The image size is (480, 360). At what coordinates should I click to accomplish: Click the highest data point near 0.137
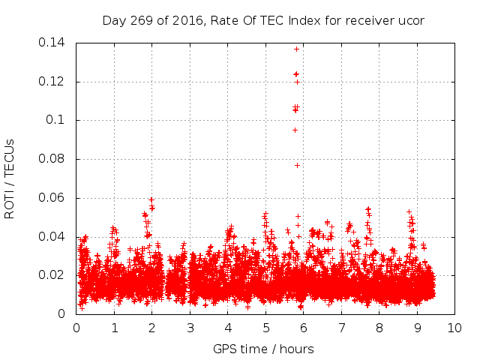pyautogui.click(x=296, y=49)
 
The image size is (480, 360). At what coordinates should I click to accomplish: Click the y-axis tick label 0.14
pyautogui.click(x=55, y=43)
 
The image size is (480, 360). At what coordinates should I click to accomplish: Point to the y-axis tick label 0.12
pyautogui.click(x=55, y=82)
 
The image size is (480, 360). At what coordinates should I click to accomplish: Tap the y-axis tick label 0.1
pyautogui.click(x=58, y=121)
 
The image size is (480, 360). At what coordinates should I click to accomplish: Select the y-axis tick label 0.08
pyautogui.click(x=55, y=160)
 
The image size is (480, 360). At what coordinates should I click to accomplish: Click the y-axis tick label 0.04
pyautogui.click(x=55, y=237)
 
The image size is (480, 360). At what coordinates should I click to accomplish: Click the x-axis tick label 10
pyautogui.click(x=454, y=328)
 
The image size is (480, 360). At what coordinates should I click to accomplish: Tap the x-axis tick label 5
pyautogui.click(x=265, y=328)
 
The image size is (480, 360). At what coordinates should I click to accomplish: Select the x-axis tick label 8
pyautogui.click(x=379, y=328)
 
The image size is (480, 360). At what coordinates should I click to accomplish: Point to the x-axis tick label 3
pyautogui.click(x=190, y=328)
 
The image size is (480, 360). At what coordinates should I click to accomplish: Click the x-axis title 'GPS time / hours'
pyautogui.click(x=263, y=349)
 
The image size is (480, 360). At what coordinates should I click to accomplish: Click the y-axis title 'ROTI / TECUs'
pyautogui.click(x=10, y=178)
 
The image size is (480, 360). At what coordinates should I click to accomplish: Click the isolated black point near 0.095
pyautogui.click(x=295, y=130)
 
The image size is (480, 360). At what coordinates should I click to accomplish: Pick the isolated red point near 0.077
pyautogui.click(x=297, y=165)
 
